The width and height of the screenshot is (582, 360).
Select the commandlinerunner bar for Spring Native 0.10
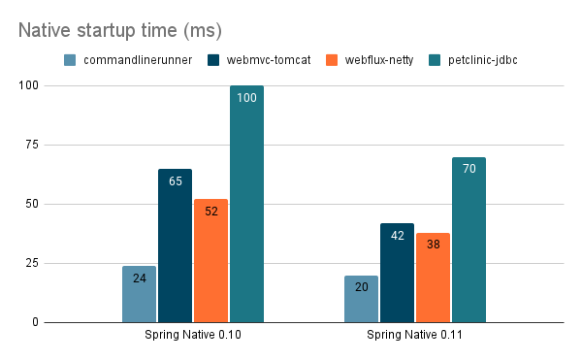139,294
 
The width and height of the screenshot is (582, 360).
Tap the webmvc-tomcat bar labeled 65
175,245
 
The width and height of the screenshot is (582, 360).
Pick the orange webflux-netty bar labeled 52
210,260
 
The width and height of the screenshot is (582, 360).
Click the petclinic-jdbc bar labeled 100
246,204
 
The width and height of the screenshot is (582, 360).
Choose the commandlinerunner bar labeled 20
361,299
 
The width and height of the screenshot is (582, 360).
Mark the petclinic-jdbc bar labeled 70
469,240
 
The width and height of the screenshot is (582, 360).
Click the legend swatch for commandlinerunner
71,61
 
